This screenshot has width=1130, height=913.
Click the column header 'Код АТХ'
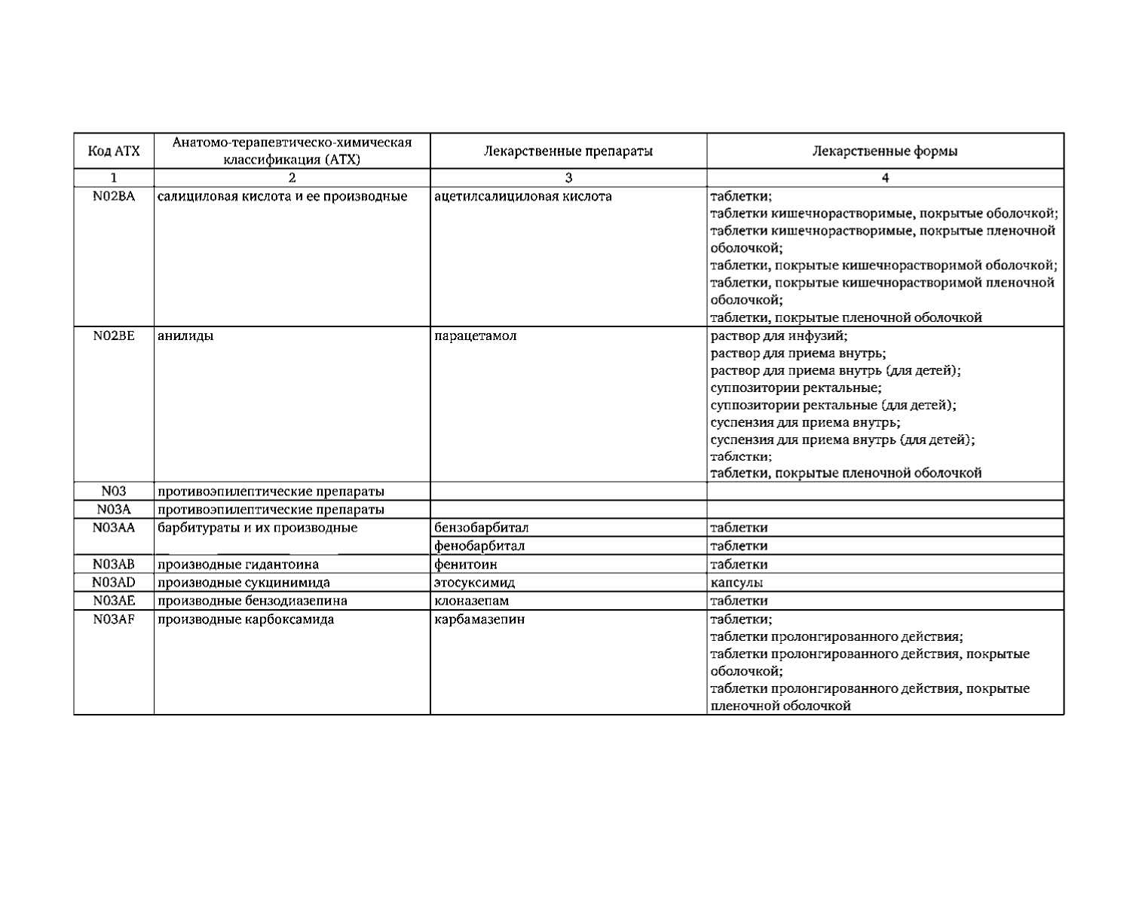click(x=114, y=151)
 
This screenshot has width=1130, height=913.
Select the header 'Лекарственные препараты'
click(x=568, y=151)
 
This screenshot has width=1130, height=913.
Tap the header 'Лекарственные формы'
click(x=885, y=151)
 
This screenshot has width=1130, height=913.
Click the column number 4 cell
click(x=885, y=179)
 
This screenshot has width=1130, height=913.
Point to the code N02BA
click(x=114, y=197)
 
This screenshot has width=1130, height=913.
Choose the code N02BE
click(x=114, y=335)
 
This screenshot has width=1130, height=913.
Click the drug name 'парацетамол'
click(x=476, y=335)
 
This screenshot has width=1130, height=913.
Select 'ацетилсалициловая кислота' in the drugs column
click(x=523, y=197)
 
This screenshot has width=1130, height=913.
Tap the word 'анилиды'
click(x=185, y=335)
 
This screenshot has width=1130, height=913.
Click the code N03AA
click(x=114, y=528)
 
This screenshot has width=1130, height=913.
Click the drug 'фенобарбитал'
click(x=479, y=546)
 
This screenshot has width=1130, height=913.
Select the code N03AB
click(x=114, y=564)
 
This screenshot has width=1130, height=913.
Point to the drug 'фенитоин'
click(x=466, y=564)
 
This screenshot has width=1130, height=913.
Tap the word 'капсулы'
click(x=736, y=583)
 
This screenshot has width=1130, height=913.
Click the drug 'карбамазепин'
click(x=479, y=620)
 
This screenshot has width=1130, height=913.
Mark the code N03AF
click(x=114, y=620)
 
